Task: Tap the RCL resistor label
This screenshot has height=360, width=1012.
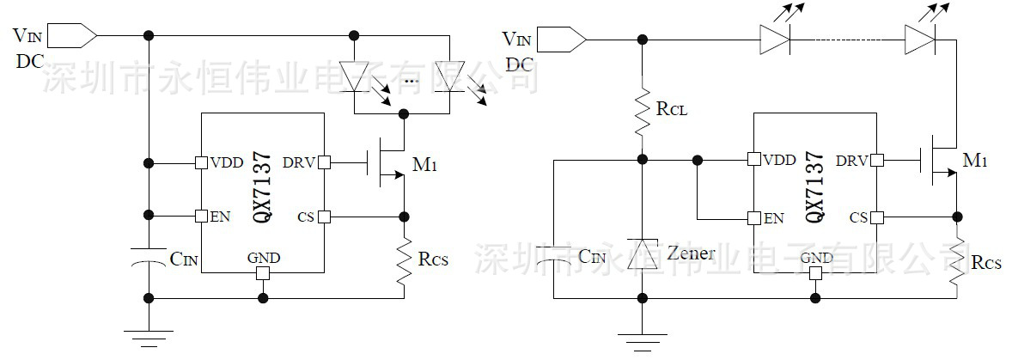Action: pyautogui.click(x=671, y=110)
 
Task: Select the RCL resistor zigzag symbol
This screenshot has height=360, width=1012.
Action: pyautogui.click(x=641, y=110)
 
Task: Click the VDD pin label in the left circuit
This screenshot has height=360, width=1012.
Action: pyautogui.click(x=225, y=162)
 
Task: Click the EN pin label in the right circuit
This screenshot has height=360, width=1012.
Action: pyautogui.click(x=773, y=218)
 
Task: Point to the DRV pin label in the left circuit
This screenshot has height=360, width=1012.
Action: pyautogui.click(x=299, y=162)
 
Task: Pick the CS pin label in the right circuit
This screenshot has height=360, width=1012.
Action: pyautogui.click(x=857, y=217)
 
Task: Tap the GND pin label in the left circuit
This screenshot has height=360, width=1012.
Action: pyautogui.click(x=262, y=258)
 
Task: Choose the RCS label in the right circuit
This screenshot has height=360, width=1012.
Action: pyautogui.click(x=986, y=262)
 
